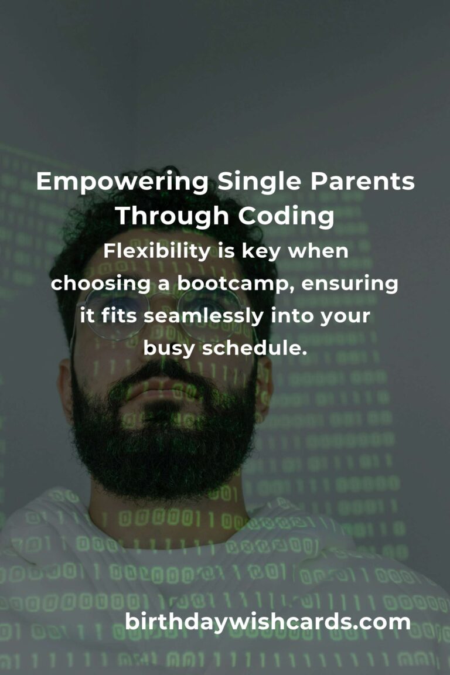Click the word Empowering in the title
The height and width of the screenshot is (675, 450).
coord(122,182)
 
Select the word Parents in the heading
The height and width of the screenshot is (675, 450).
coord(362,182)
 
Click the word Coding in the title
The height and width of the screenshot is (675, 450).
coord(286,216)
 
